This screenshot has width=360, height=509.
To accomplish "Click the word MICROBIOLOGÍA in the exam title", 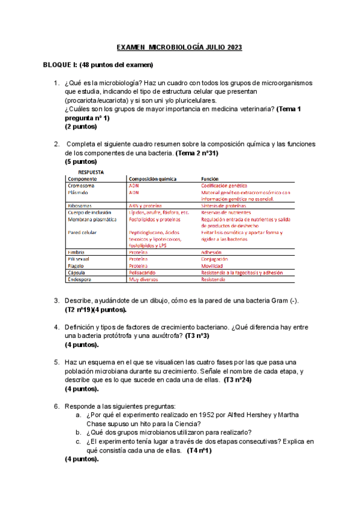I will [179, 47].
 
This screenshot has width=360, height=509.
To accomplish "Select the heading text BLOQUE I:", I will [65, 64].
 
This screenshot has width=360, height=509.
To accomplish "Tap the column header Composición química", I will [152, 179].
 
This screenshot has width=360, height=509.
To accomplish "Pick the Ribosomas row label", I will [81, 205].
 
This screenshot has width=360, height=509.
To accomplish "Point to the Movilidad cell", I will [213, 266].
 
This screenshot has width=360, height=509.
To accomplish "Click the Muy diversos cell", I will [143, 279].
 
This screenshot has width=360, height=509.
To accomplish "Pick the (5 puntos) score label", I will [80, 161].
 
